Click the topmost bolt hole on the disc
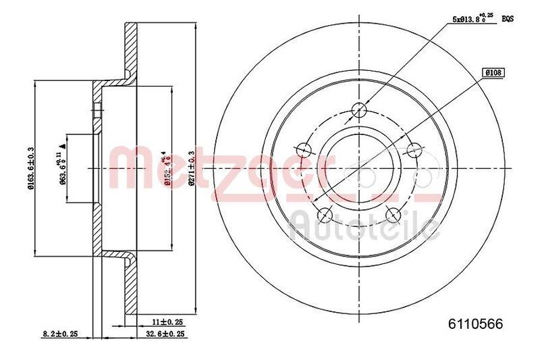coord(360,109)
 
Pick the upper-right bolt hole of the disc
coord(413,149)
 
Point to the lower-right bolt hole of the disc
coord(393,215)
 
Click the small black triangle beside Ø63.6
coord(63,145)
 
